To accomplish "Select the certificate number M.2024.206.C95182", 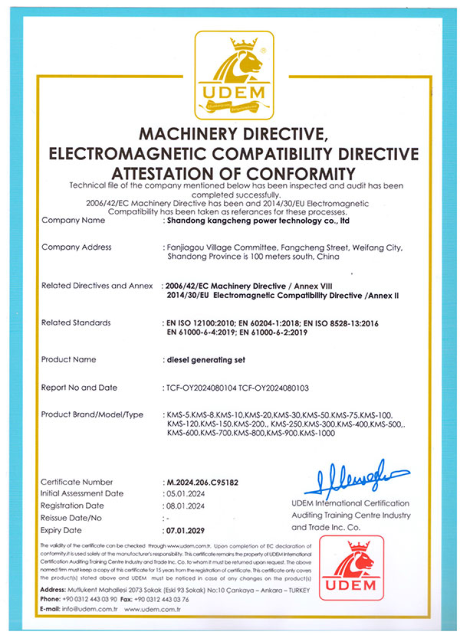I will tap(202, 482).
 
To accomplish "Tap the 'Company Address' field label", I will tap(76, 247).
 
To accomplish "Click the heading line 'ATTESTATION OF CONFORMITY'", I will tap(232, 172).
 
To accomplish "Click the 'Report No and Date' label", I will tap(79, 388).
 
